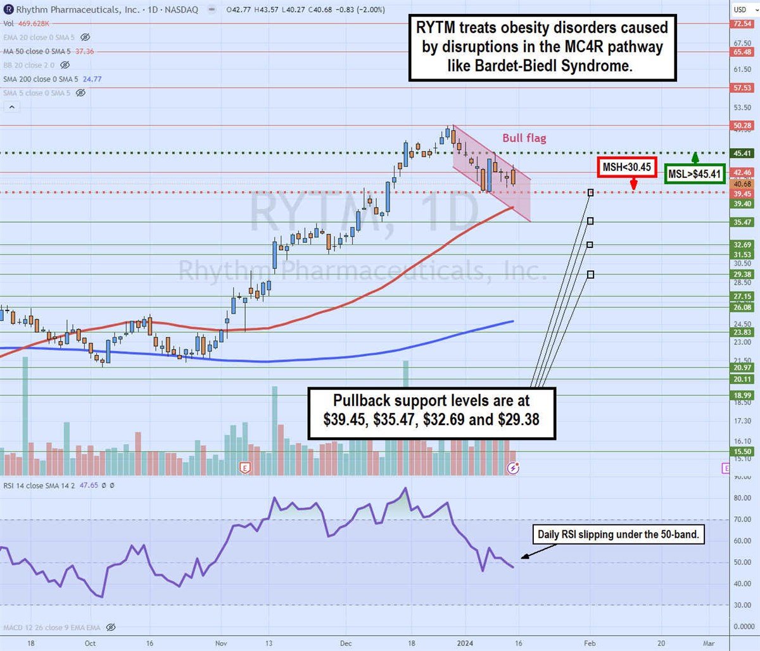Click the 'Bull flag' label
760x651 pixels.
coord(524,138)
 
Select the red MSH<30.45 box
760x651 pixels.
coord(626,168)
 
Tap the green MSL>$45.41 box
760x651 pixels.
coord(695,174)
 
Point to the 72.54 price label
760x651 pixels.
coord(742,23)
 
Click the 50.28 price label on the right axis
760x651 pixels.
coord(742,126)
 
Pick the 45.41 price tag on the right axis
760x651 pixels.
coord(742,153)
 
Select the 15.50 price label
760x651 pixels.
coord(742,452)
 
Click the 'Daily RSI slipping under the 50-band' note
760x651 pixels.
coord(617,535)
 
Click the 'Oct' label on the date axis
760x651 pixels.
coord(91,643)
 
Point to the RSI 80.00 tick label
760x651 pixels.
coord(742,499)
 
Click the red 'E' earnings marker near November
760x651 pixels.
coord(244,468)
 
